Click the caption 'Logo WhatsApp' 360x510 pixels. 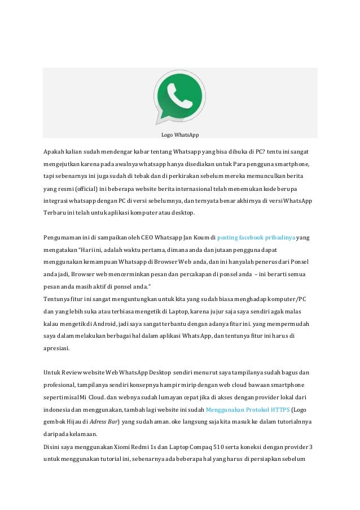(x=180, y=134)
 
